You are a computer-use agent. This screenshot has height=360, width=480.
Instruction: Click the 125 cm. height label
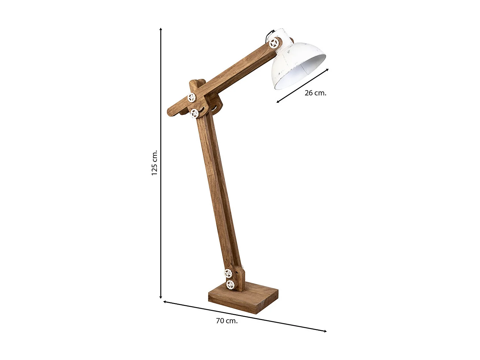[x=155, y=163]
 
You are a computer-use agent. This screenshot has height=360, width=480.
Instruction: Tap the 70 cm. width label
[x=227, y=321]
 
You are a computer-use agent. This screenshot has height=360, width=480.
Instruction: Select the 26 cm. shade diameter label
[x=315, y=93]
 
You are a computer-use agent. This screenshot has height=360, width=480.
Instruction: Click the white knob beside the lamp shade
[x=274, y=43]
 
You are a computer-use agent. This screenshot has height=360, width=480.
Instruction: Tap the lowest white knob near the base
[x=230, y=284]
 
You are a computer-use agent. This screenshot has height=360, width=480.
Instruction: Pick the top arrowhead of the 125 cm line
[x=161, y=29]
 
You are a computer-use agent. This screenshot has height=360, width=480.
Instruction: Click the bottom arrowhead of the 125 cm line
[x=161, y=297]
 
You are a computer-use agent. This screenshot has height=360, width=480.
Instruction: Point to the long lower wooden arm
[x=219, y=192]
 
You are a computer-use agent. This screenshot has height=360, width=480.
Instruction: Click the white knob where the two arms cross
[x=191, y=97]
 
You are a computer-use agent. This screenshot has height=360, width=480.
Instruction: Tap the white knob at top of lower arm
[x=194, y=113]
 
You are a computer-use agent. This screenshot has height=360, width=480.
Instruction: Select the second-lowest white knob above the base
[x=228, y=273]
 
